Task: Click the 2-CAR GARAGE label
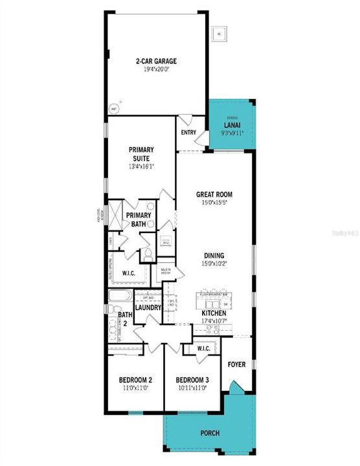[156, 61]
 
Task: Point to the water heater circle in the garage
[116, 109]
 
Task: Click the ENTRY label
[189, 132]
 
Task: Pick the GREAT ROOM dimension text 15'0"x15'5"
[214, 203]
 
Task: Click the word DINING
[214, 255]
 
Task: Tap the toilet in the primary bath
[147, 253]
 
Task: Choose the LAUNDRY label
[148, 308]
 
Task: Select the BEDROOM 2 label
[135, 380]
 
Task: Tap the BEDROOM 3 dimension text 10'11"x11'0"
[191, 388]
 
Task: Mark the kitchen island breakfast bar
[214, 300]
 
